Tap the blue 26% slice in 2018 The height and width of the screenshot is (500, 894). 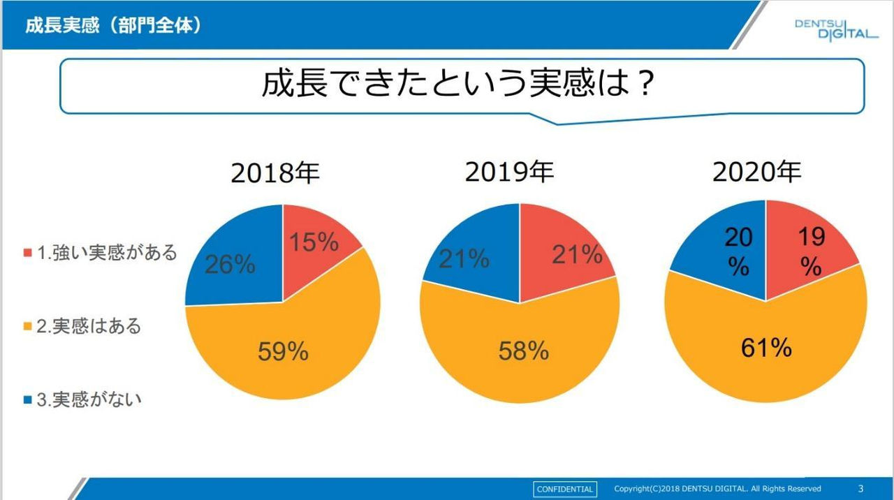click(230, 265)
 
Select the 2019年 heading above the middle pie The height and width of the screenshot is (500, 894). click(509, 171)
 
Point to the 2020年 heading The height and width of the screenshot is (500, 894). click(756, 172)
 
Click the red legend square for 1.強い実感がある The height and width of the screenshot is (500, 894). click(28, 252)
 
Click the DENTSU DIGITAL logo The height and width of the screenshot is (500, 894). click(835, 29)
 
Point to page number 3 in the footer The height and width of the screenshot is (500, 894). click(860, 489)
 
